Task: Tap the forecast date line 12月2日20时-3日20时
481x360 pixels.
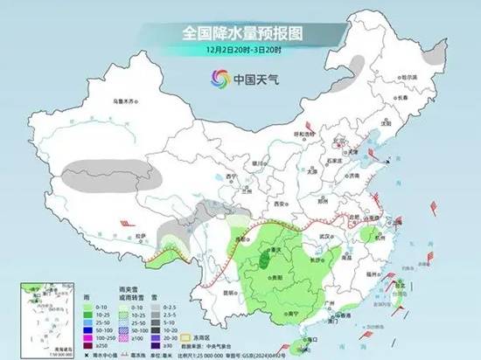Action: click(240, 50)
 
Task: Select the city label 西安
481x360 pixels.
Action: click(281, 203)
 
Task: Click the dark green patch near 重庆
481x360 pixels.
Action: click(264, 256)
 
